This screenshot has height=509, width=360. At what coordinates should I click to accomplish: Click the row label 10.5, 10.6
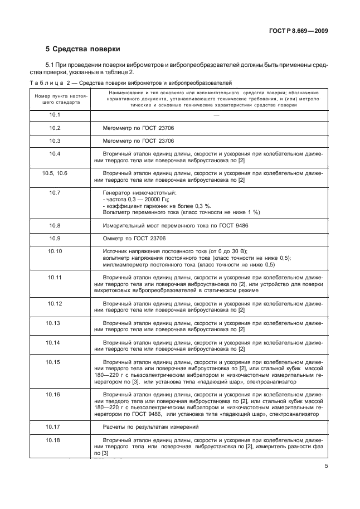point(55,173)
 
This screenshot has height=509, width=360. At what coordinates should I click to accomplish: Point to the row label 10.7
point(55,192)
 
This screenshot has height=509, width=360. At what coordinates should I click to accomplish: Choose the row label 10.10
point(55,251)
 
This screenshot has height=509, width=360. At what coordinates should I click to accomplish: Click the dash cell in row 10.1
point(216,115)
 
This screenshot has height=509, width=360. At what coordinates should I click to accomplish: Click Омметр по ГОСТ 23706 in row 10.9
point(134,239)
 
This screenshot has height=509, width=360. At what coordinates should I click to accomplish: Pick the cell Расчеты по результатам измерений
point(143,427)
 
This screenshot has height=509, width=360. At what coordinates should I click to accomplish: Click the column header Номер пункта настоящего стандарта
point(55,99)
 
